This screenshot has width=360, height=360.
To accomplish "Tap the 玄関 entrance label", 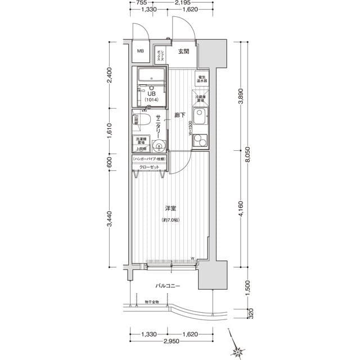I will pyautogui.click(x=183, y=52).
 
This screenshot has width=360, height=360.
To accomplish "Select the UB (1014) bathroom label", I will pyautogui.click(x=151, y=96).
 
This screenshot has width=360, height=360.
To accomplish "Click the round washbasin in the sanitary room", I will pyautogui.click(x=159, y=148).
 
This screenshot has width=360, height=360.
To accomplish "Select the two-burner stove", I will pyautogui.click(x=200, y=141).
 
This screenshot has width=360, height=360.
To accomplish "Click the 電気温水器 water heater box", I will pyautogui.click(x=202, y=79).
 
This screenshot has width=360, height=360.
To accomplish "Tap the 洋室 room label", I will pyautogui.click(x=171, y=209).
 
